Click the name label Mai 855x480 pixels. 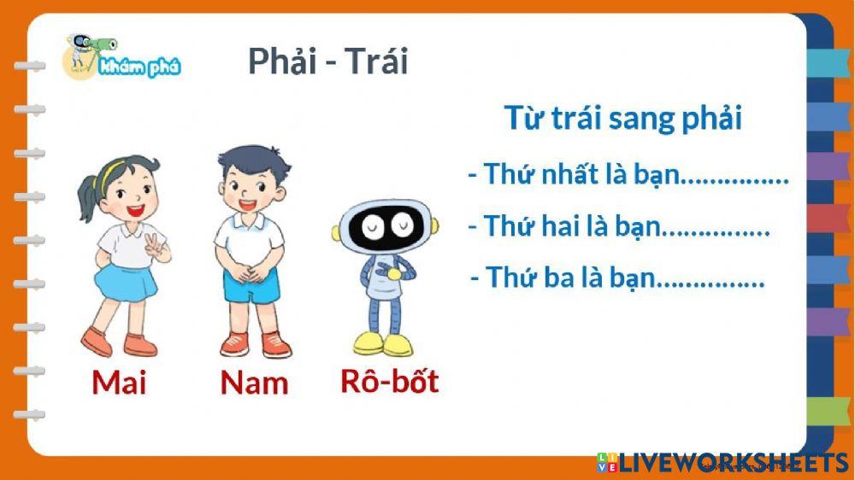(x=119, y=382)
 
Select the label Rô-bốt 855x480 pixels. (x=389, y=380)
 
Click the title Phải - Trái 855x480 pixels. (x=327, y=61)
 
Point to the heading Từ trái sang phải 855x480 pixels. (x=622, y=118)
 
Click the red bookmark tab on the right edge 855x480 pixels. (x=828, y=217)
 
